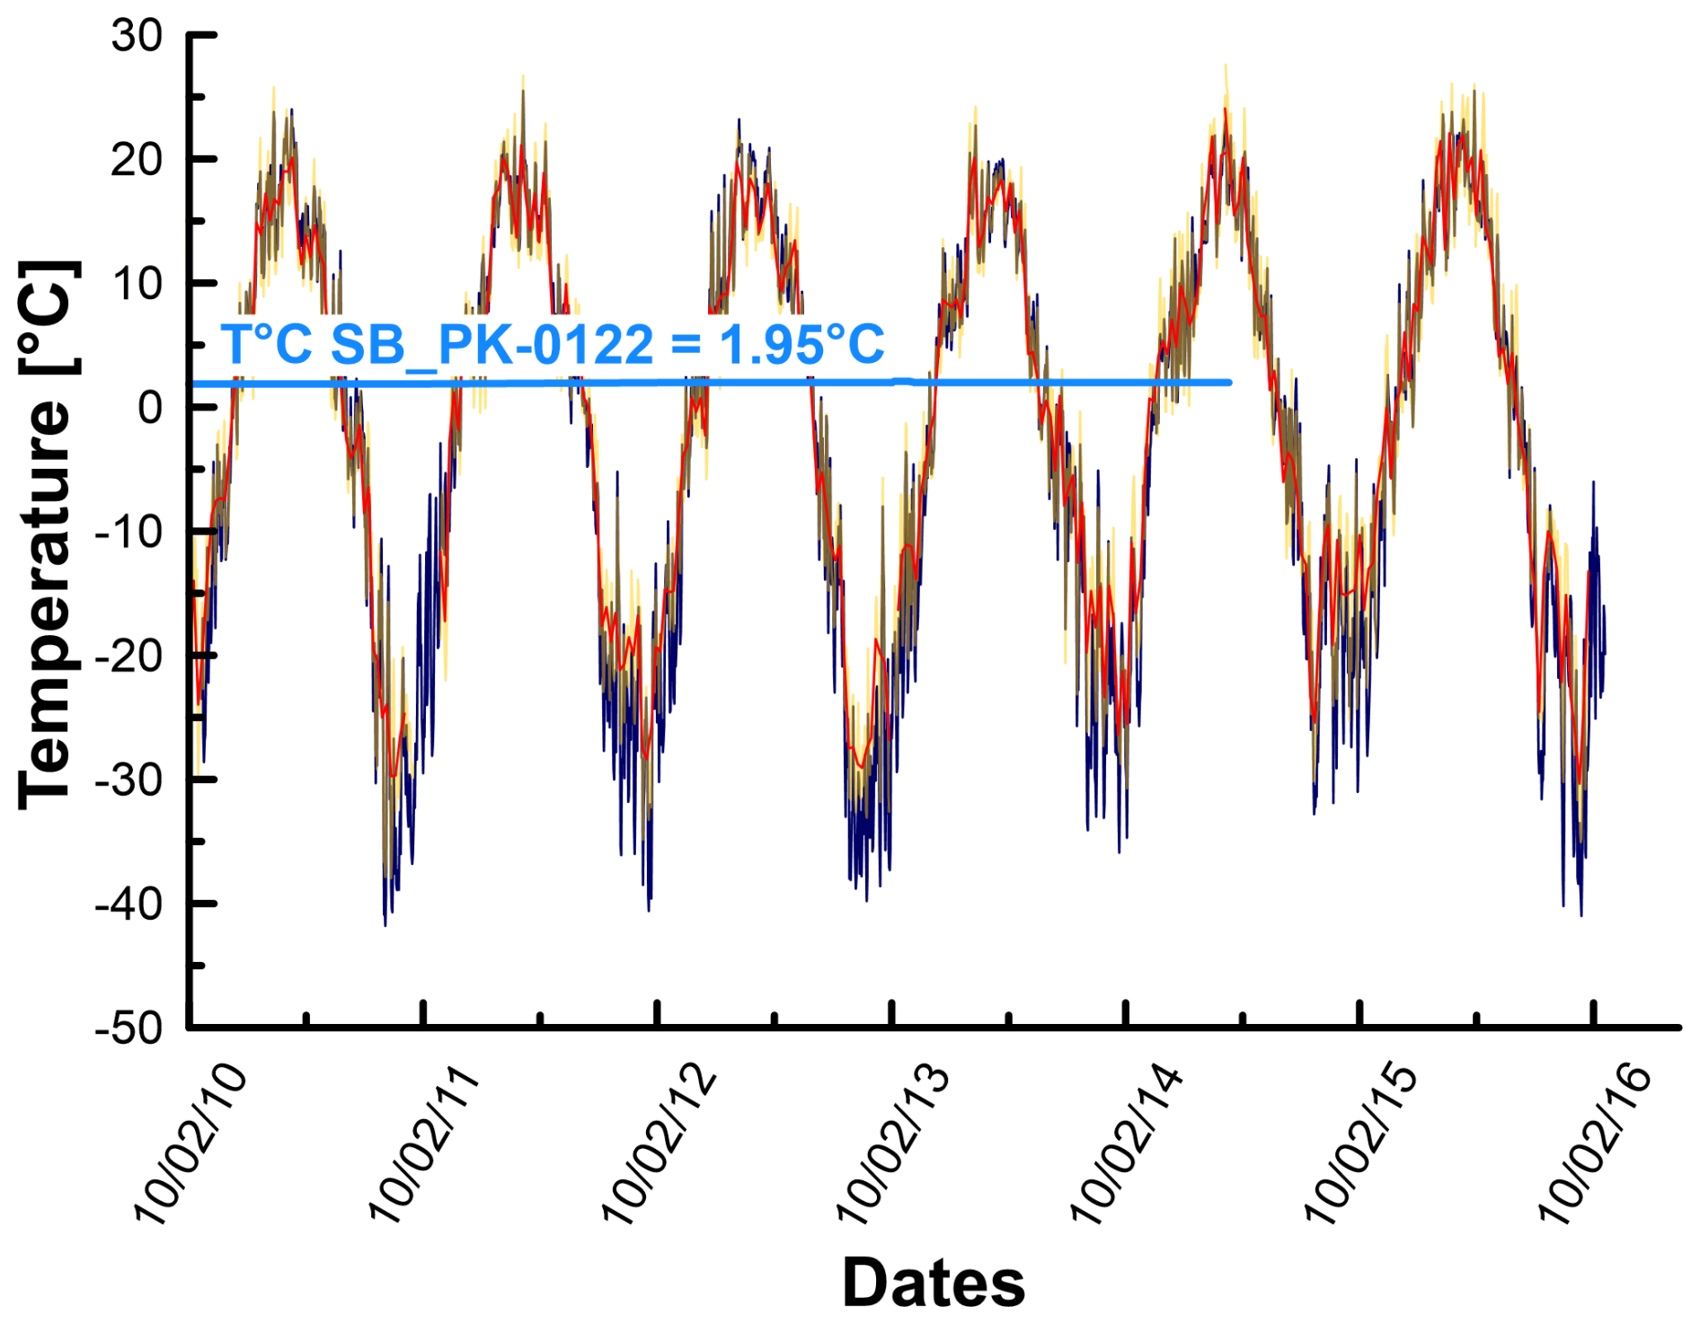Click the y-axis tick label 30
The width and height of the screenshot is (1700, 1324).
137,37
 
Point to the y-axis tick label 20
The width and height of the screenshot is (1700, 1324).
137,161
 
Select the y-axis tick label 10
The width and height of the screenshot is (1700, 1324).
137,285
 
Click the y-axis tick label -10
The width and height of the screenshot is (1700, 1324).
129,533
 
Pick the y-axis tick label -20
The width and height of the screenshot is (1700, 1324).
129,657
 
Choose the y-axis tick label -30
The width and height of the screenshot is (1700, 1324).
129,781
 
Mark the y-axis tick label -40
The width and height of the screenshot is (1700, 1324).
129,905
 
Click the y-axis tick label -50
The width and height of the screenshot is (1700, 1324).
129,1028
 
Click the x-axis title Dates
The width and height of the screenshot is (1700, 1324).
934,1284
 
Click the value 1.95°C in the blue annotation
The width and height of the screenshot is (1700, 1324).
801,344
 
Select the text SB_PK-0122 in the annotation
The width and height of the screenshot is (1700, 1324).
492,346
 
